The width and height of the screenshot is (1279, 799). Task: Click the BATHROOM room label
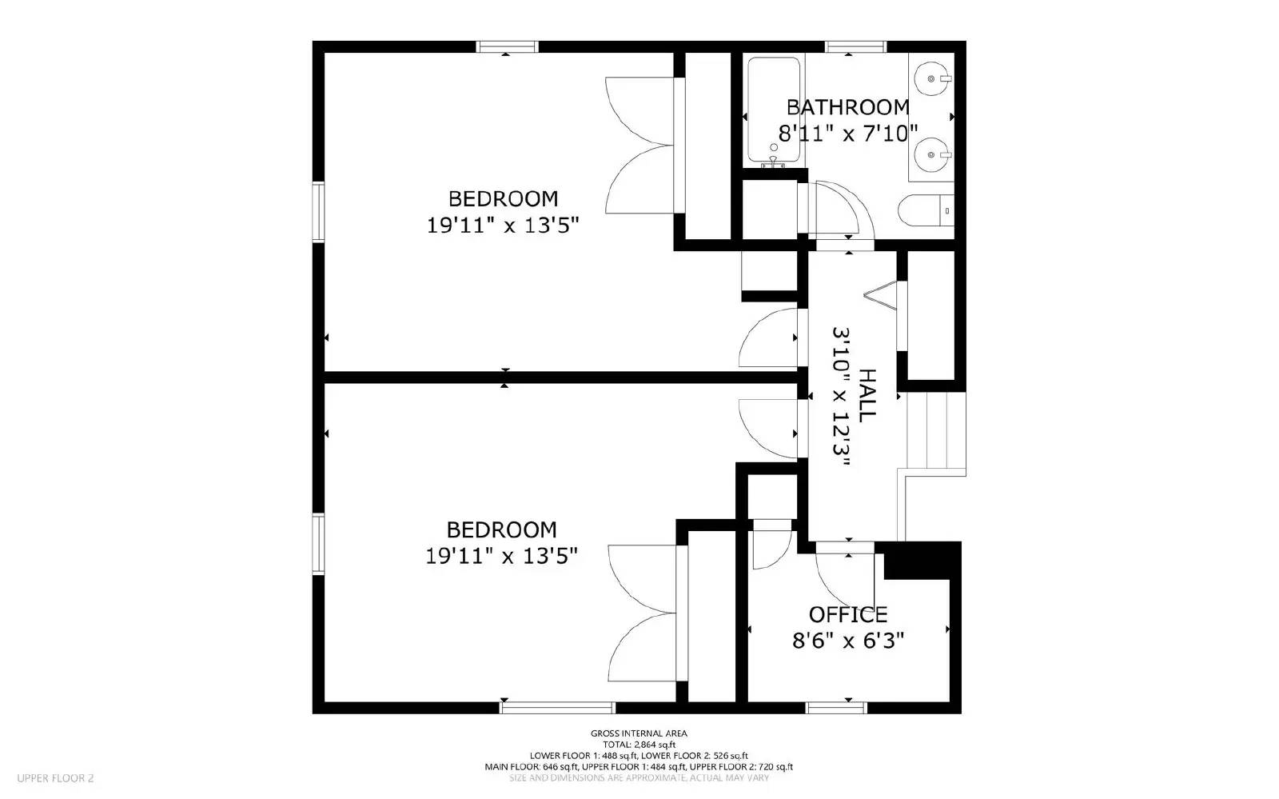coord(847,107)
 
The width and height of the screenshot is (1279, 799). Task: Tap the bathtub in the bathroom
coord(773,110)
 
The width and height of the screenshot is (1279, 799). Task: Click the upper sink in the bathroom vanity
coord(932,78)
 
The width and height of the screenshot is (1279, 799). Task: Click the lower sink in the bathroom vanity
coord(932,152)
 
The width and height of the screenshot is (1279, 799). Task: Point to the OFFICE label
coord(847,614)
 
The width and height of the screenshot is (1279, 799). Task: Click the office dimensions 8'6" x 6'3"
coord(847,641)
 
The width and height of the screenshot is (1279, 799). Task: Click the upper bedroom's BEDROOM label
coord(503,198)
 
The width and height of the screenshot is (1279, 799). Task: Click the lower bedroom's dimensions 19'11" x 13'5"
coord(501,556)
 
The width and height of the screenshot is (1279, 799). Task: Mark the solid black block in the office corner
coord(921,559)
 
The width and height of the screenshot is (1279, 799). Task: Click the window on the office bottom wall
coord(836,707)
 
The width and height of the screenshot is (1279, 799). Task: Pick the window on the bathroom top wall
coord(855,47)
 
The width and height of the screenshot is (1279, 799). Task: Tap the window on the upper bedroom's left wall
coord(318,211)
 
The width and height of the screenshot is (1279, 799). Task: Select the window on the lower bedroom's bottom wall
coord(557,707)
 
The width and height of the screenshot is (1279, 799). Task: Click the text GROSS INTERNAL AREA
coord(638,733)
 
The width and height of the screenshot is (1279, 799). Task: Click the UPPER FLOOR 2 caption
coord(56,777)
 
